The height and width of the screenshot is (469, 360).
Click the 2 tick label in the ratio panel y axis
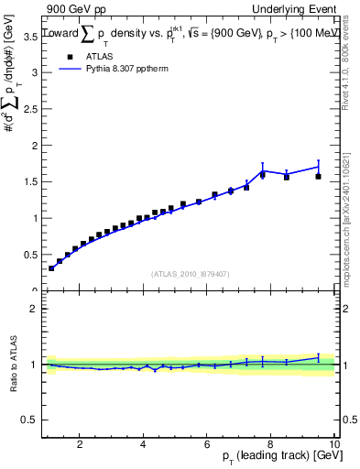[35, 309]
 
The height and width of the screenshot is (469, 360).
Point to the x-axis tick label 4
[144, 444]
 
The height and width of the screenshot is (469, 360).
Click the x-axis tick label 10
[333, 444]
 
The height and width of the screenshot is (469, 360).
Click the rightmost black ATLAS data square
[319, 176]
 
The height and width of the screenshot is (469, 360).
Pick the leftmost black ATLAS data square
[51, 267]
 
